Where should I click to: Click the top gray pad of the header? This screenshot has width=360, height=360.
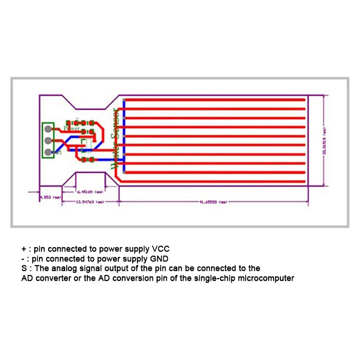[x=48, y=129]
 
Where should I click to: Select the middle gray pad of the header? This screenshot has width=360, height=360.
[x=48, y=140]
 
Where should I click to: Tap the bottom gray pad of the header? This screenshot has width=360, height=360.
[x=48, y=151]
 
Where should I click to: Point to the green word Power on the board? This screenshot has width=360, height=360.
[x=72, y=128]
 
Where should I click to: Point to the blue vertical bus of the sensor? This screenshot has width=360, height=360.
[x=123, y=135]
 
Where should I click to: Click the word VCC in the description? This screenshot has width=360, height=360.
[x=162, y=248]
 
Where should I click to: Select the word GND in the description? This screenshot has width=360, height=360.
[x=159, y=258]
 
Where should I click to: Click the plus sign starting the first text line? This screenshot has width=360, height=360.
[x=23, y=248]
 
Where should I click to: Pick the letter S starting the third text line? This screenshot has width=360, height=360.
[x=24, y=268]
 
